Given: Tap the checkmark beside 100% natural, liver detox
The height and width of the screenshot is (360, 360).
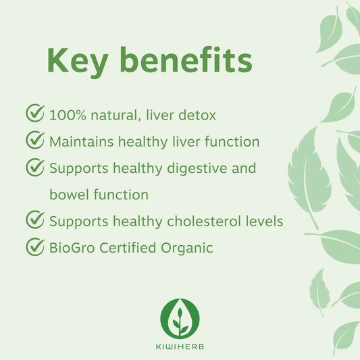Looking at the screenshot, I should point(35,113).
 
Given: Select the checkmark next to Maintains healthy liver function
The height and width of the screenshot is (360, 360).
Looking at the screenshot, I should point(35,140).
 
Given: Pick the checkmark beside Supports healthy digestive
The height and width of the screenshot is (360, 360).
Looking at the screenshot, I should point(35,167).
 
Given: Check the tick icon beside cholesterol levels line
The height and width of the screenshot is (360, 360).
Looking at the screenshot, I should point(35,220).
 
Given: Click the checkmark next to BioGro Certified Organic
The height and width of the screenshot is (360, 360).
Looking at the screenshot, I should point(35,247).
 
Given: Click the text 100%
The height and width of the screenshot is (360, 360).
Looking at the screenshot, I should point(67,115).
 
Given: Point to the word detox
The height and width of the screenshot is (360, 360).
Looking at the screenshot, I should point(197,115).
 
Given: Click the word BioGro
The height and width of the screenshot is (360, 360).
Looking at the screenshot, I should point(70,248).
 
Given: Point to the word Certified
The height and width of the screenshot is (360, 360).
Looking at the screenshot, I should point(126,248).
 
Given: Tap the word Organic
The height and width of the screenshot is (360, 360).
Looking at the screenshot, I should point(186,248).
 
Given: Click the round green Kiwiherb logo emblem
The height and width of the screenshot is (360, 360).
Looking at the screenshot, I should point(180,317).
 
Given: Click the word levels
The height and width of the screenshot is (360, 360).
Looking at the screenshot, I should point(260,221).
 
